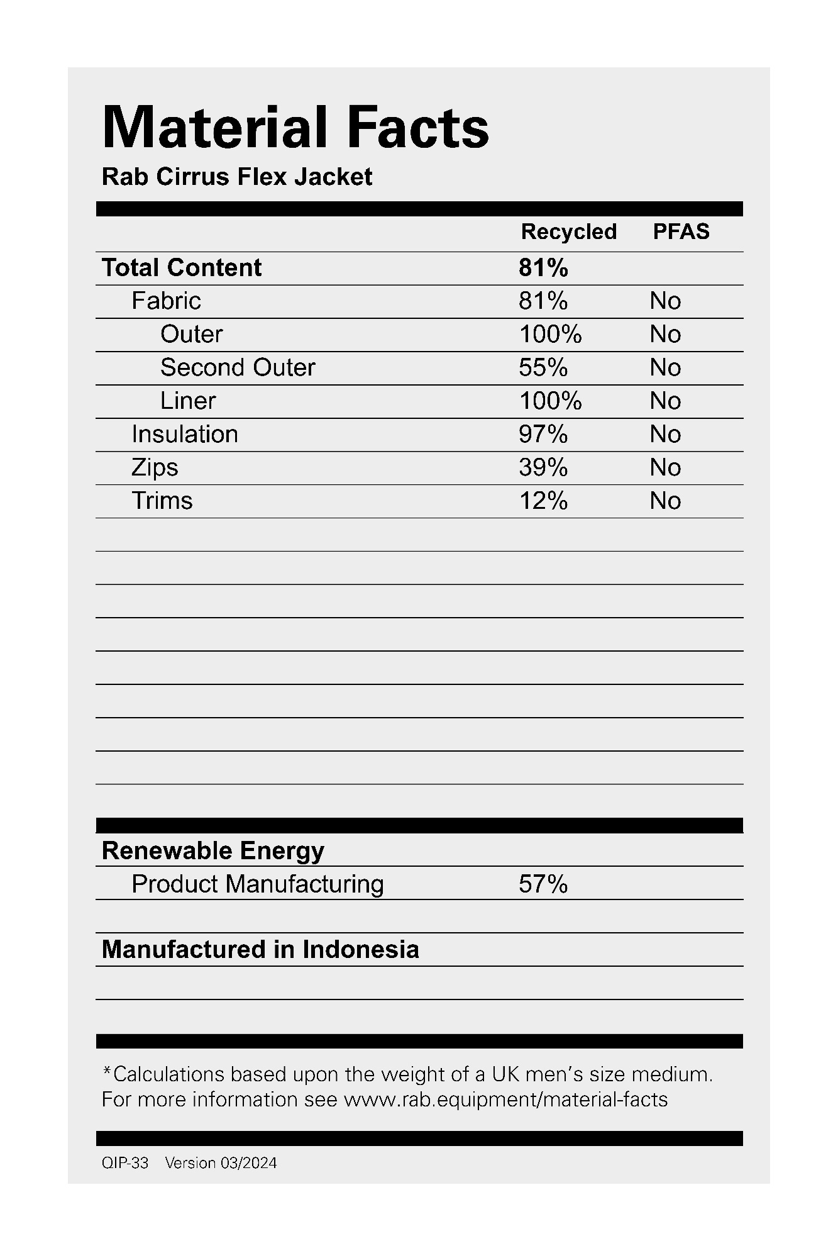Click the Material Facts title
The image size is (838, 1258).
tap(295, 128)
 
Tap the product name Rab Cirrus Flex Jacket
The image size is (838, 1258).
tap(237, 177)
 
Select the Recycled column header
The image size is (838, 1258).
tap(568, 231)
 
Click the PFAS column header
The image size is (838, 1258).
tap(681, 231)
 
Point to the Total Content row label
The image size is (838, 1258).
tap(182, 267)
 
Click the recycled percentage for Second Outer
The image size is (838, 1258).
tap(543, 367)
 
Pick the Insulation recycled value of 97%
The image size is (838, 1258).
tap(543, 434)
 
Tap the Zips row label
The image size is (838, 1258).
tap(155, 467)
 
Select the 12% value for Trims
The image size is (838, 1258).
tap(543, 501)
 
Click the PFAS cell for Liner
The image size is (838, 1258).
tap(665, 401)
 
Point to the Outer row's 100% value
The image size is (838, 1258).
tap(550, 334)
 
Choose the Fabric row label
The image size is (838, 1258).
tap(166, 301)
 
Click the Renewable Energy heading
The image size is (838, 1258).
tap(213, 850)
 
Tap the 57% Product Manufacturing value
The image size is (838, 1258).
tap(543, 884)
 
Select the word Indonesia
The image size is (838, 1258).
tap(360, 949)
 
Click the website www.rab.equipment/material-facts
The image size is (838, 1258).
tap(505, 1099)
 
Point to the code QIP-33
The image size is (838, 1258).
tap(125, 1163)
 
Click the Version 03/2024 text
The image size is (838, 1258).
tap(221, 1163)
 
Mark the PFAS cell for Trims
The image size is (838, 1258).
tap(665, 501)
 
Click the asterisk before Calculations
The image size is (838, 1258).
tap(107, 1070)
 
